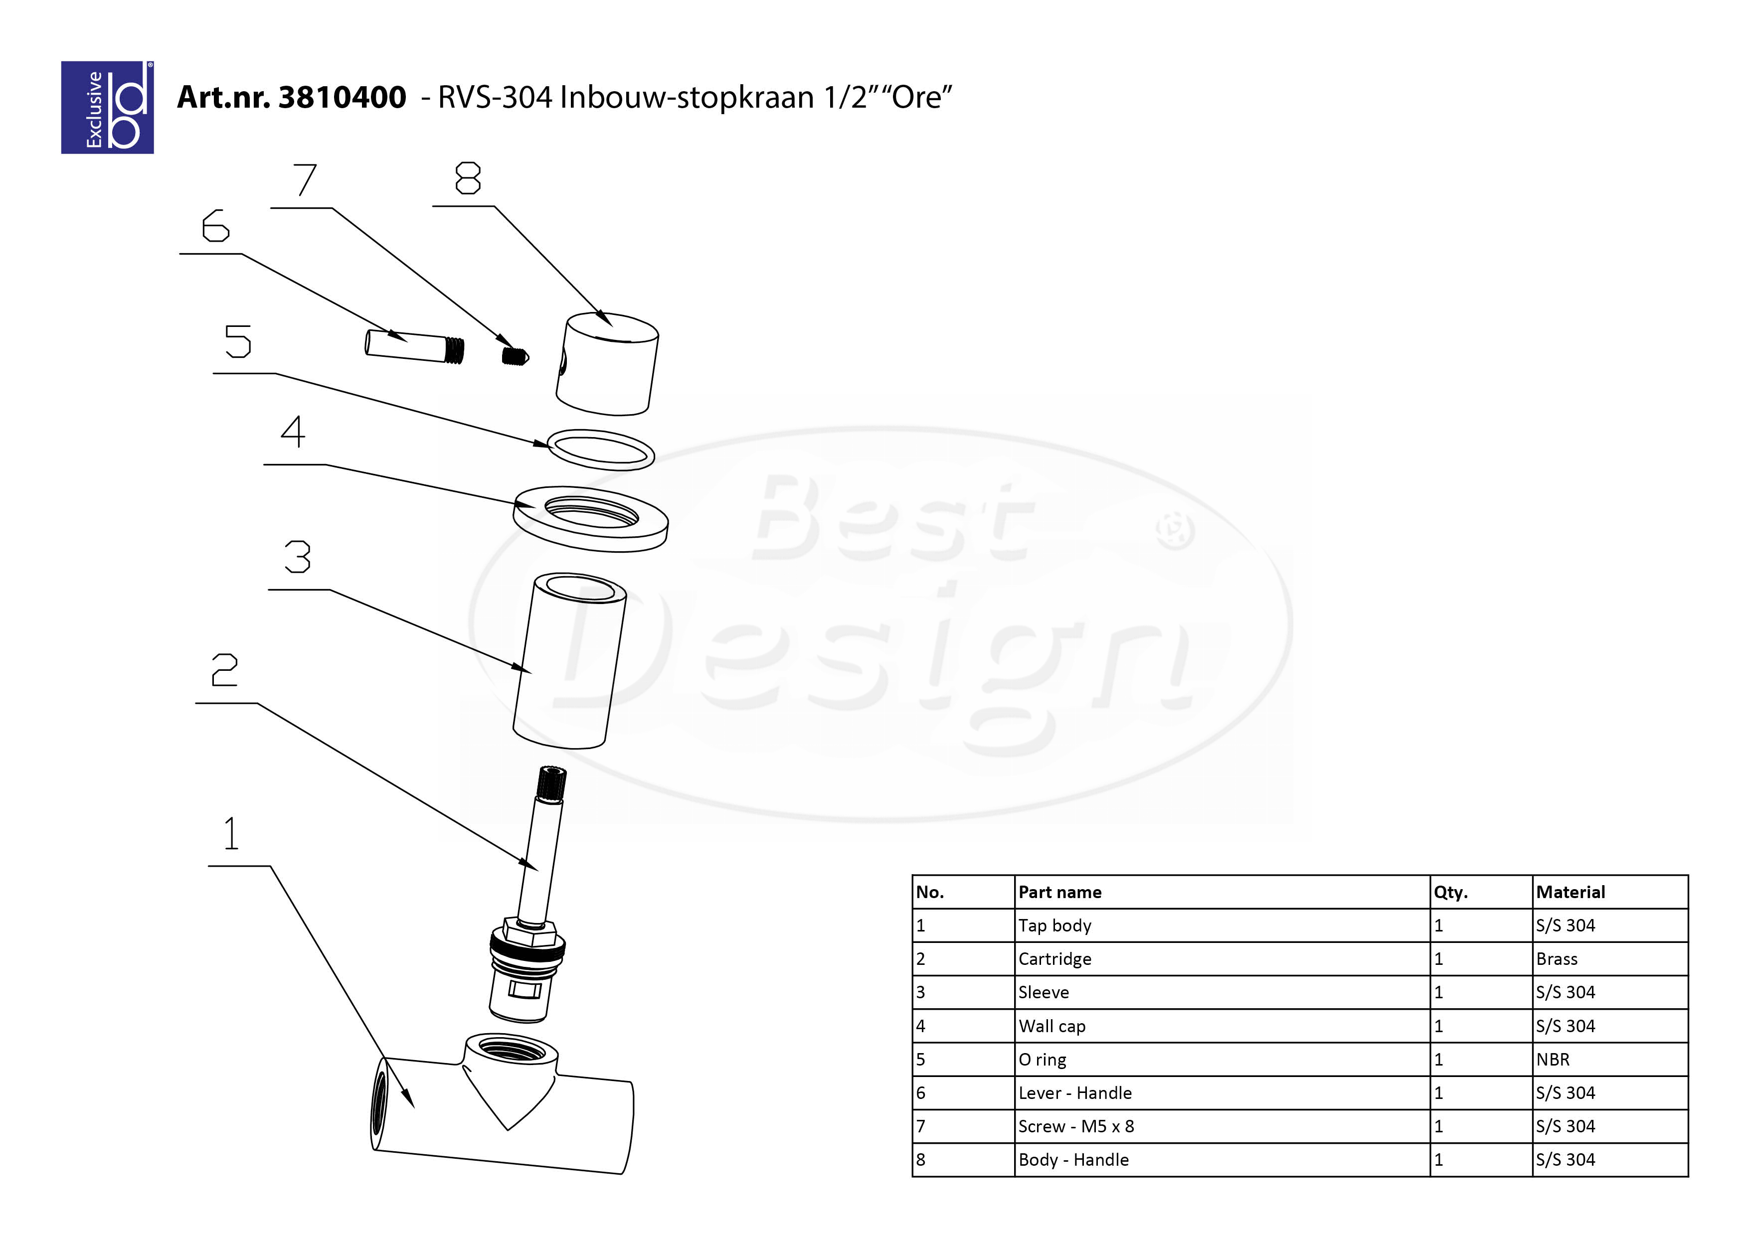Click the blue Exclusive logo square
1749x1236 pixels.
pyautogui.click(x=107, y=107)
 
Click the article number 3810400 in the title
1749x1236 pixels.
pyautogui.click(x=342, y=98)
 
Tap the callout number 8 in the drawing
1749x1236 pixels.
pyautogui.click(x=468, y=178)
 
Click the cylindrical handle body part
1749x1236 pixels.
pyautogui.click(x=607, y=364)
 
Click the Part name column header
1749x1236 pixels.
pyautogui.click(x=1059, y=892)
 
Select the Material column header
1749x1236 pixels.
pyautogui.click(x=1570, y=892)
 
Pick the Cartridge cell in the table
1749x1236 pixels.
pyautogui.click(x=1054, y=959)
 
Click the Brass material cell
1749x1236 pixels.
pyautogui.click(x=1556, y=959)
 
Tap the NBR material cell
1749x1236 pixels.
pyautogui.click(x=1553, y=1059)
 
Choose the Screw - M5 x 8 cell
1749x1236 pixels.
pyautogui.click(x=1075, y=1126)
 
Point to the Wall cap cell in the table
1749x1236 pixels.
pyautogui.click(x=1051, y=1026)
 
